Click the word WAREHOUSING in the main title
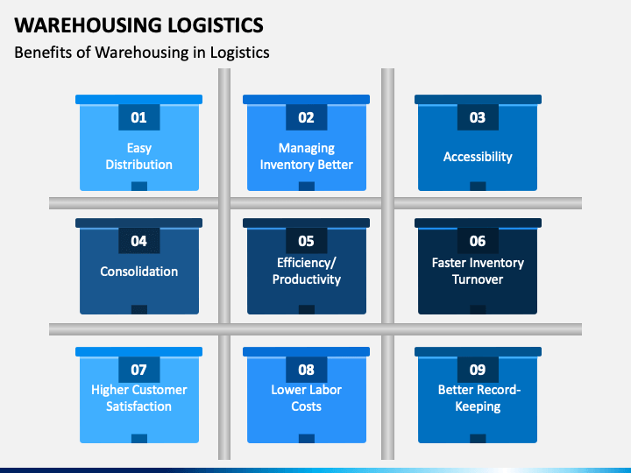[89, 25]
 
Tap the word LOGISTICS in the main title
[216, 25]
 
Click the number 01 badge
[138, 117]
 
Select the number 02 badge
[306, 117]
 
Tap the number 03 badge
[478, 117]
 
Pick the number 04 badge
[138, 241]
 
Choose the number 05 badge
[306, 241]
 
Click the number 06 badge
[478, 241]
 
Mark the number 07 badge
[138, 370]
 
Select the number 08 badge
[306, 370]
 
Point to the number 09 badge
[478, 370]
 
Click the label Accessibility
[478, 157]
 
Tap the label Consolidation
[138, 272]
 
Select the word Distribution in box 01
[138, 165]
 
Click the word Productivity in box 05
[306, 279]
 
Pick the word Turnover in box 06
[478, 279]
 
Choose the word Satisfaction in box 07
[138, 406]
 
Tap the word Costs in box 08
[306, 406]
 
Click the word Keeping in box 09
[478, 406]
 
